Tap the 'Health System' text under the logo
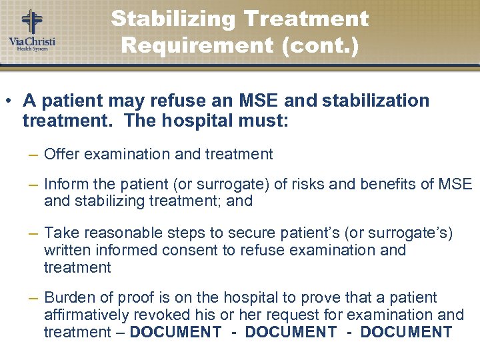click(x=31, y=49)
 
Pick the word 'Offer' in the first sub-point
click(x=60, y=154)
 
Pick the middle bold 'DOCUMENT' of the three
click(x=291, y=332)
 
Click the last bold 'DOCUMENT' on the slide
click(x=406, y=332)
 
